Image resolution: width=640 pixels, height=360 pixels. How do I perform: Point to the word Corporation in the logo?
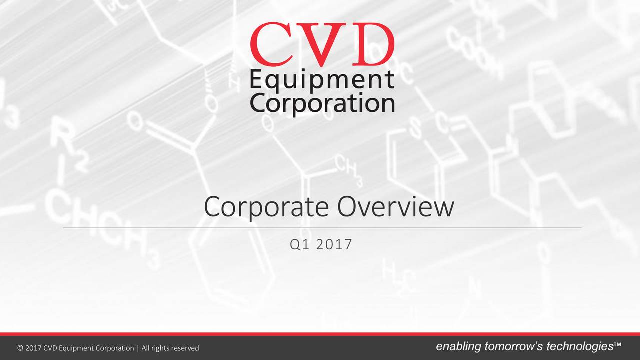coord(322,104)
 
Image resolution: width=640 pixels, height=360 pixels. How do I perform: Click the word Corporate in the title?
coord(267,208)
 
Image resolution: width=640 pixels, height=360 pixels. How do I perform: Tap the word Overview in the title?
coord(395,207)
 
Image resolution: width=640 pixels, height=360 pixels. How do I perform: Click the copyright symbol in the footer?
coord(20,348)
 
